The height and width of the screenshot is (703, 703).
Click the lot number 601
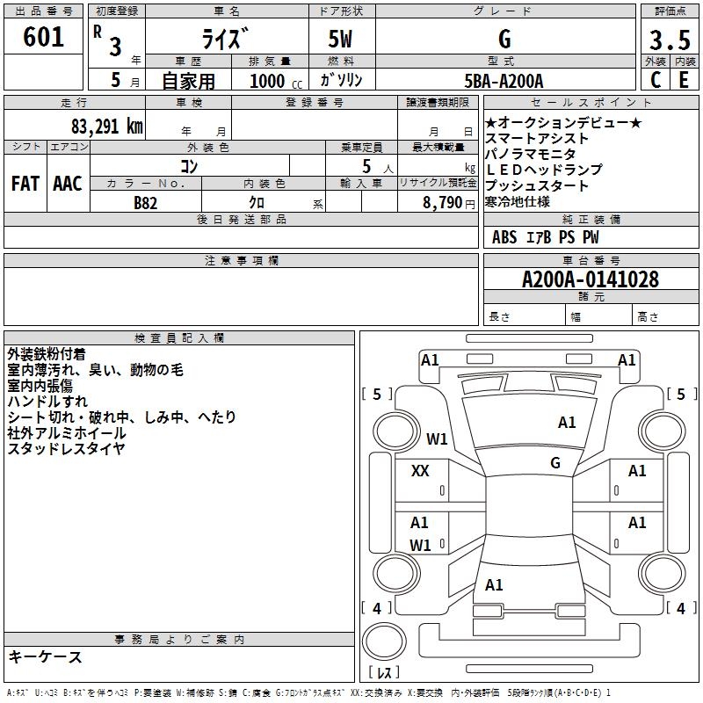43,37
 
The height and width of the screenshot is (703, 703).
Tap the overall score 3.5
670,40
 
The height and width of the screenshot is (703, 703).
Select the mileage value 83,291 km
106,127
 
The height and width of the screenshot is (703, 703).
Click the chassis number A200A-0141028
591,279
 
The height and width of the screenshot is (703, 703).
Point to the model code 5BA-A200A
504,81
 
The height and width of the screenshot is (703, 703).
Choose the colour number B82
146,203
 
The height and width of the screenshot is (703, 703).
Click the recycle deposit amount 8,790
443,203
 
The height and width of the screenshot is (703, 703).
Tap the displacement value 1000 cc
276,81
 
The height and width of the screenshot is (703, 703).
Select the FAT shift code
25,184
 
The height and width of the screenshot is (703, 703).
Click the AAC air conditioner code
68,184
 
